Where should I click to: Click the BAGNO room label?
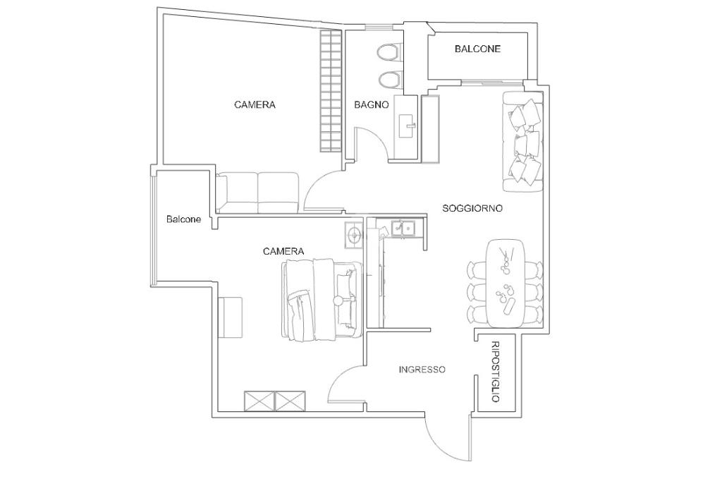(371, 104)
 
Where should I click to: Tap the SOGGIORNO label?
(472, 208)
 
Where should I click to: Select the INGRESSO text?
(422, 369)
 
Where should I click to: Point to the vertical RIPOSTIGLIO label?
(495, 372)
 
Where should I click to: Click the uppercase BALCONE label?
(477, 49)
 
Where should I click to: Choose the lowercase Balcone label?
(183, 219)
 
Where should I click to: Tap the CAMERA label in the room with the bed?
(283, 251)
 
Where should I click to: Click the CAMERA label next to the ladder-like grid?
(255, 104)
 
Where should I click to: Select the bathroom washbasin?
(407, 126)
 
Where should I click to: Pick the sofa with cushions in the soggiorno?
(523, 141)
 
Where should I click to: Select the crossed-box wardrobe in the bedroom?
(275, 401)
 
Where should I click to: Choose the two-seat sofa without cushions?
(257, 192)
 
